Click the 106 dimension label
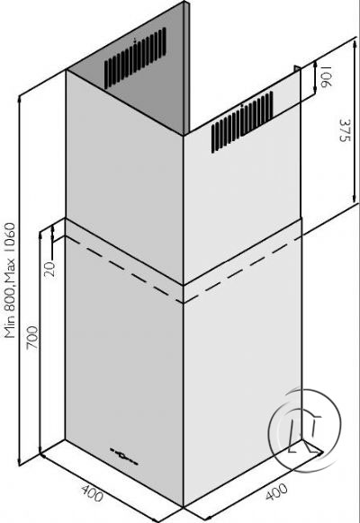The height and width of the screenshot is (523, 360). (327, 76)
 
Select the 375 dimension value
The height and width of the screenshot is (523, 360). (345, 130)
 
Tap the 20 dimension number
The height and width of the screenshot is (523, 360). (49, 269)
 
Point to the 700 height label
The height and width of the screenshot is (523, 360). (32, 338)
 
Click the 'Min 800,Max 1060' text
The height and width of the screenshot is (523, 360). (10, 280)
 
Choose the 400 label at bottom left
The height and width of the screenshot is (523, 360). (92, 493)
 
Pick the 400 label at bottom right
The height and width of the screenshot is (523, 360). (276, 492)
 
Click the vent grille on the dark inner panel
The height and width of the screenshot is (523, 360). (135, 58)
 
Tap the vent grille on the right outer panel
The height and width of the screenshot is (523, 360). (242, 121)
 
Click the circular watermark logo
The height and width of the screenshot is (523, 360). (304, 430)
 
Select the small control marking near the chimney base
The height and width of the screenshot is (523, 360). (124, 457)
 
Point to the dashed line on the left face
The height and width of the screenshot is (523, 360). (124, 270)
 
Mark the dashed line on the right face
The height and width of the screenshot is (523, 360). (242, 270)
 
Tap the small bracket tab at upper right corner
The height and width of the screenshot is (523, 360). (297, 68)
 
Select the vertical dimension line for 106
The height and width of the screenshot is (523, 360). (316, 77)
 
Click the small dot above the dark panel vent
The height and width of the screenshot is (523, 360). (135, 40)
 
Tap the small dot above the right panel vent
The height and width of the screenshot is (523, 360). (242, 105)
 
